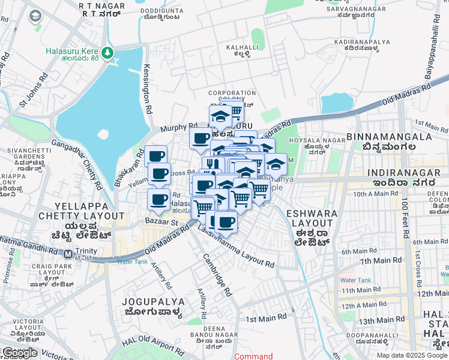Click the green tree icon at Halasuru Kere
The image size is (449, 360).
(108, 52)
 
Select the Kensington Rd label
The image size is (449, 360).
(146, 91)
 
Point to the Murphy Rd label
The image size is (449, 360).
(179, 127)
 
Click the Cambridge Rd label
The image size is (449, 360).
(217, 275)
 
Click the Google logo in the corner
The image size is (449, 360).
(19, 353)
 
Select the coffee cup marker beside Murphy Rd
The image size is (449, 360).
(201, 139)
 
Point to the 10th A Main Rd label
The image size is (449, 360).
(376, 194)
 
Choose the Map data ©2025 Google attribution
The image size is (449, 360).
(411, 355)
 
